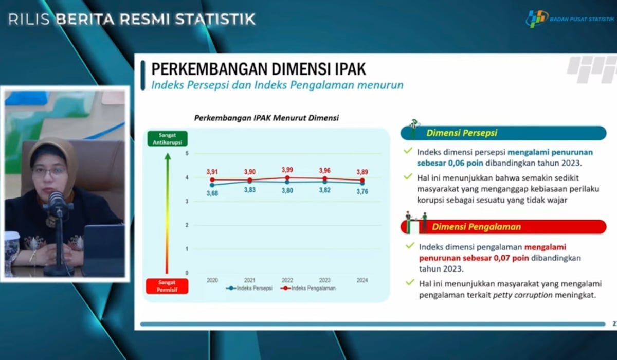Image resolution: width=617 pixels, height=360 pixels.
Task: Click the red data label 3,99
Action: coord(287,170)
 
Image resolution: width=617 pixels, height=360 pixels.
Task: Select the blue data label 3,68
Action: coord(212,193)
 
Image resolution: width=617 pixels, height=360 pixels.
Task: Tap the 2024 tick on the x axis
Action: coord(362,280)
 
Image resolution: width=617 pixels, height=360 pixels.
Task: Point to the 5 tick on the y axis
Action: coord(187,154)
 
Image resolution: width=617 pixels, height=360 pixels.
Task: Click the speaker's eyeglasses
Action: coord(49,171)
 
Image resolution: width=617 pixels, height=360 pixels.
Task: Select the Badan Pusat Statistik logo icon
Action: coord(536,19)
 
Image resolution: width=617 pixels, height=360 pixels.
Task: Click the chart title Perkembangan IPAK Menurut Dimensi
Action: coord(266,118)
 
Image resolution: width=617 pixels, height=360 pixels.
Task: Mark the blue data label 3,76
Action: coord(362,192)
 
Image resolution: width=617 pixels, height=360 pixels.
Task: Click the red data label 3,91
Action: coord(212,171)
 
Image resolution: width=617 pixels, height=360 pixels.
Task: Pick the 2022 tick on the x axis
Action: coord(287,280)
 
